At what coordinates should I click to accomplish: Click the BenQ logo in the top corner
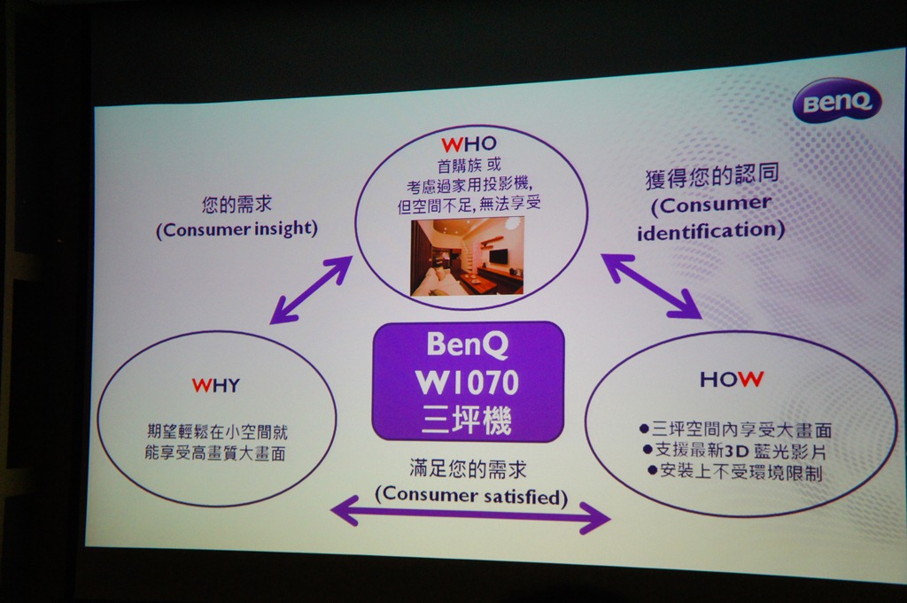(837, 102)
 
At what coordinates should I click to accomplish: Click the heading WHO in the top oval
(469, 144)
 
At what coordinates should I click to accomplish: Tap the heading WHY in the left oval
(216, 386)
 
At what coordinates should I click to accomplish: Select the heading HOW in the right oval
(732, 379)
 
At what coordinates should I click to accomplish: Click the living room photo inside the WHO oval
(467, 256)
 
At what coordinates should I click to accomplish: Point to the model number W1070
(467, 382)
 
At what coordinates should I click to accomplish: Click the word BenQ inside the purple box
(467, 344)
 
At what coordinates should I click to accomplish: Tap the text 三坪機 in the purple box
(467, 420)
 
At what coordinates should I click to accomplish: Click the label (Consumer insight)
(237, 229)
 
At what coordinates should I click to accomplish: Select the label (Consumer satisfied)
(471, 496)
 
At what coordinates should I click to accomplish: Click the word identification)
(711, 231)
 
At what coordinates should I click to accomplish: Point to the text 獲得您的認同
(712, 175)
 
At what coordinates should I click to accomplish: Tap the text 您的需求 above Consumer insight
(237, 204)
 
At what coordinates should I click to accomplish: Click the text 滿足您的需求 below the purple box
(468, 468)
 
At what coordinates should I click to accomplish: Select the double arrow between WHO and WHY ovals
(311, 290)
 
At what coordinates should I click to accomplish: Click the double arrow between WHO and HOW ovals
(651, 286)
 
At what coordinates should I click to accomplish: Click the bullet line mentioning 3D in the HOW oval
(734, 451)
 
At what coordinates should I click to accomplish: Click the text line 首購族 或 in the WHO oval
(469, 166)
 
